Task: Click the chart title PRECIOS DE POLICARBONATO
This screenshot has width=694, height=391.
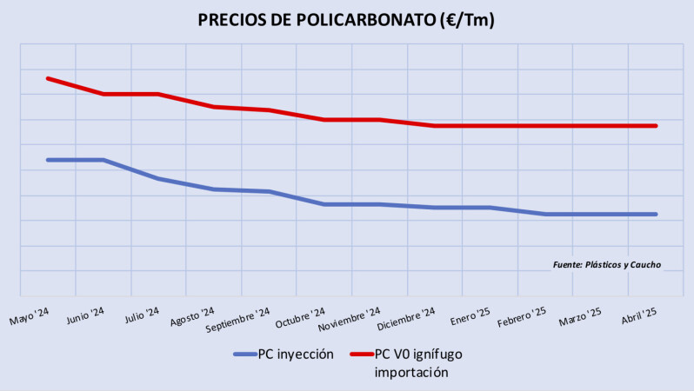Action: tap(346, 20)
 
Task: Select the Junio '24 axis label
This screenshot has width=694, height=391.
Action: tap(84, 315)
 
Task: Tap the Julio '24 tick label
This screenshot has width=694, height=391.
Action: tap(141, 315)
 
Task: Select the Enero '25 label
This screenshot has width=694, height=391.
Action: tap(470, 315)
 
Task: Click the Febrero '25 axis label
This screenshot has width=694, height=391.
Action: tap(522, 316)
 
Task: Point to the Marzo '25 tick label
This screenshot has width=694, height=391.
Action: tap(580, 315)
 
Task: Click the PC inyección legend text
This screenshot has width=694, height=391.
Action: tap(297, 355)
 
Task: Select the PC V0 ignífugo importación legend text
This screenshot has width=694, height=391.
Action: tap(417, 363)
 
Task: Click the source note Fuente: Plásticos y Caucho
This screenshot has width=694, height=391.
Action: tap(606, 264)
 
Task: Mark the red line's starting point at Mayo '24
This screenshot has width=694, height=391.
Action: tap(48, 78)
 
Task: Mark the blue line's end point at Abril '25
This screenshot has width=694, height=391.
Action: tap(656, 214)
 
